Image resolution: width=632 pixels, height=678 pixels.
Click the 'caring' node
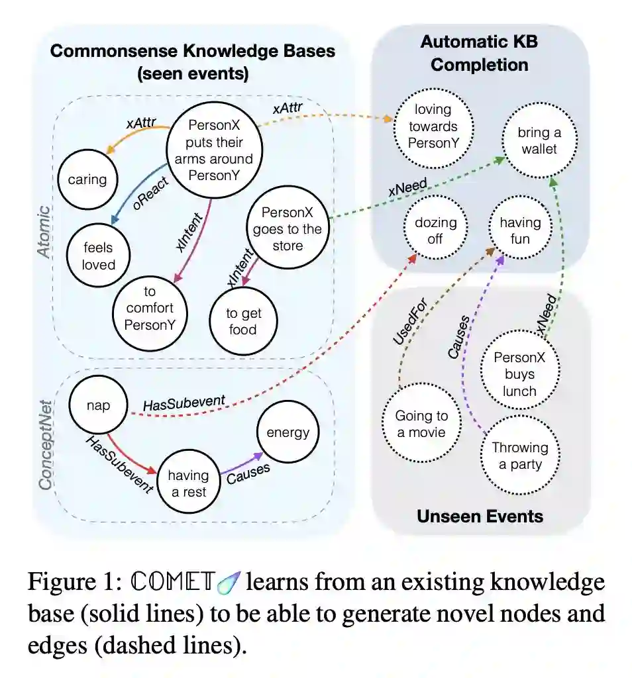tap(87, 179)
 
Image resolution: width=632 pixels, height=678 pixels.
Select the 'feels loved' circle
tap(99, 256)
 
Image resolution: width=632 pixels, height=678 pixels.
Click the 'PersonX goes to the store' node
tap(287, 229)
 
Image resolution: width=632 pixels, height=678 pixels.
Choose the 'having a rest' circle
tap(187, 483)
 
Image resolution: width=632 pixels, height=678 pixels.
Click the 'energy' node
tap(288, 433)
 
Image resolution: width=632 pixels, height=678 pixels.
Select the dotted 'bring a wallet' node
tap(539, 141)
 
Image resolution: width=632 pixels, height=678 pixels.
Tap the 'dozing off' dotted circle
tap(435, 230)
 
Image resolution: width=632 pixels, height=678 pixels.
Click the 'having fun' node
tap(520, 230)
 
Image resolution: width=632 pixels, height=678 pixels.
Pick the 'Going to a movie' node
tap(421, 424)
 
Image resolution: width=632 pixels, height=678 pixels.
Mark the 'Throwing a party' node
tap(519, 456)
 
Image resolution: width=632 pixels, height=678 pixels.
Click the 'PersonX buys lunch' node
tap(519, 374)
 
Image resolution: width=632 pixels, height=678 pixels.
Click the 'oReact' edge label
tap(142, 194)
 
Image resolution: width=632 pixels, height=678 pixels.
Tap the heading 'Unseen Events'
tap(480, 516)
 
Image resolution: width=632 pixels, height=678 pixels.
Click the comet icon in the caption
tap(234, 583)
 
